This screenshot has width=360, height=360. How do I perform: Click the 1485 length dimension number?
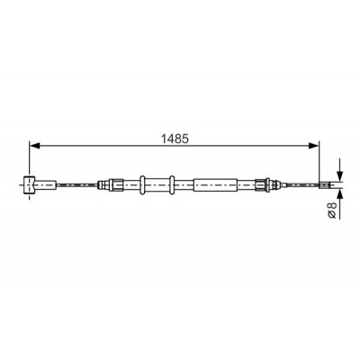pos(175,139)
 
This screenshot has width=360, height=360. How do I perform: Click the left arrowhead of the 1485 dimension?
pos(34,146)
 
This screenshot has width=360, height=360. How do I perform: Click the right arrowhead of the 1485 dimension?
pos(314,146)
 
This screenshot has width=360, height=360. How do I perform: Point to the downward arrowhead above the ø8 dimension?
pos(339,176)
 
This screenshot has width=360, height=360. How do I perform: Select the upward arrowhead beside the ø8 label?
pos(339,193)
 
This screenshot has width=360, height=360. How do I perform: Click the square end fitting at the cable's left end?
pos(30,184)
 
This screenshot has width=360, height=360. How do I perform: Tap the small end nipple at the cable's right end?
pos(324,184)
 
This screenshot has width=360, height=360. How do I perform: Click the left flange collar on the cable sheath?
pos(142,184)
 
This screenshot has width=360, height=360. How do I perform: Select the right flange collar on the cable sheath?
pos(172,184)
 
